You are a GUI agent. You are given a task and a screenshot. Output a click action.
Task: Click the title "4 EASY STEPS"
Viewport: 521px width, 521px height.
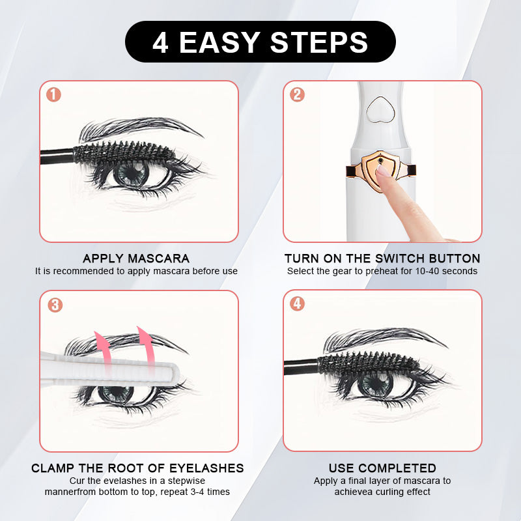pyautogui.click(x=260, y=42)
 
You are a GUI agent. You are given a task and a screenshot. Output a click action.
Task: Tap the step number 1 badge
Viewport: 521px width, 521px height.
pyautogui.click(x=54, y=95)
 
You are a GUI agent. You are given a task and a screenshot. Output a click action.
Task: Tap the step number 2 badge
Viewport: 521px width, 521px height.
pyautogui.click(x=297, y=95)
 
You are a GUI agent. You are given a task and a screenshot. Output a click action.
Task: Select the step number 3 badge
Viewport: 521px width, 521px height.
pyautogui.click(x=55, y=305)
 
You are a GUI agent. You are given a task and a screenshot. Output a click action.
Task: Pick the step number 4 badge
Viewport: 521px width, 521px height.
pyautogui.click(x=297, y=303)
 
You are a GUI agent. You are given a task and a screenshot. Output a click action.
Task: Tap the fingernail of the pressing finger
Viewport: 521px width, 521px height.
pyautogui.click(x=384, y=172)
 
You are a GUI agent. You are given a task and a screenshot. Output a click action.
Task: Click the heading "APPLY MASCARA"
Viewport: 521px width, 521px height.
pyautogui.click(x=136, y=259)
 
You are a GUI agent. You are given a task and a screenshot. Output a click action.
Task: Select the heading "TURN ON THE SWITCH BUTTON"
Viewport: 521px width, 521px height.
pyautogui.click(x=382, y=259)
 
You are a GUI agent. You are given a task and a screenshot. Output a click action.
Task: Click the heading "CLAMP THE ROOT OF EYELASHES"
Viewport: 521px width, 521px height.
pyautogui.click(x=137, y=468)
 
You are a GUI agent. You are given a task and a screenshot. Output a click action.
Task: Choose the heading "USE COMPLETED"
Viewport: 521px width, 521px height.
pyautogui.click(x=382, y=468)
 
